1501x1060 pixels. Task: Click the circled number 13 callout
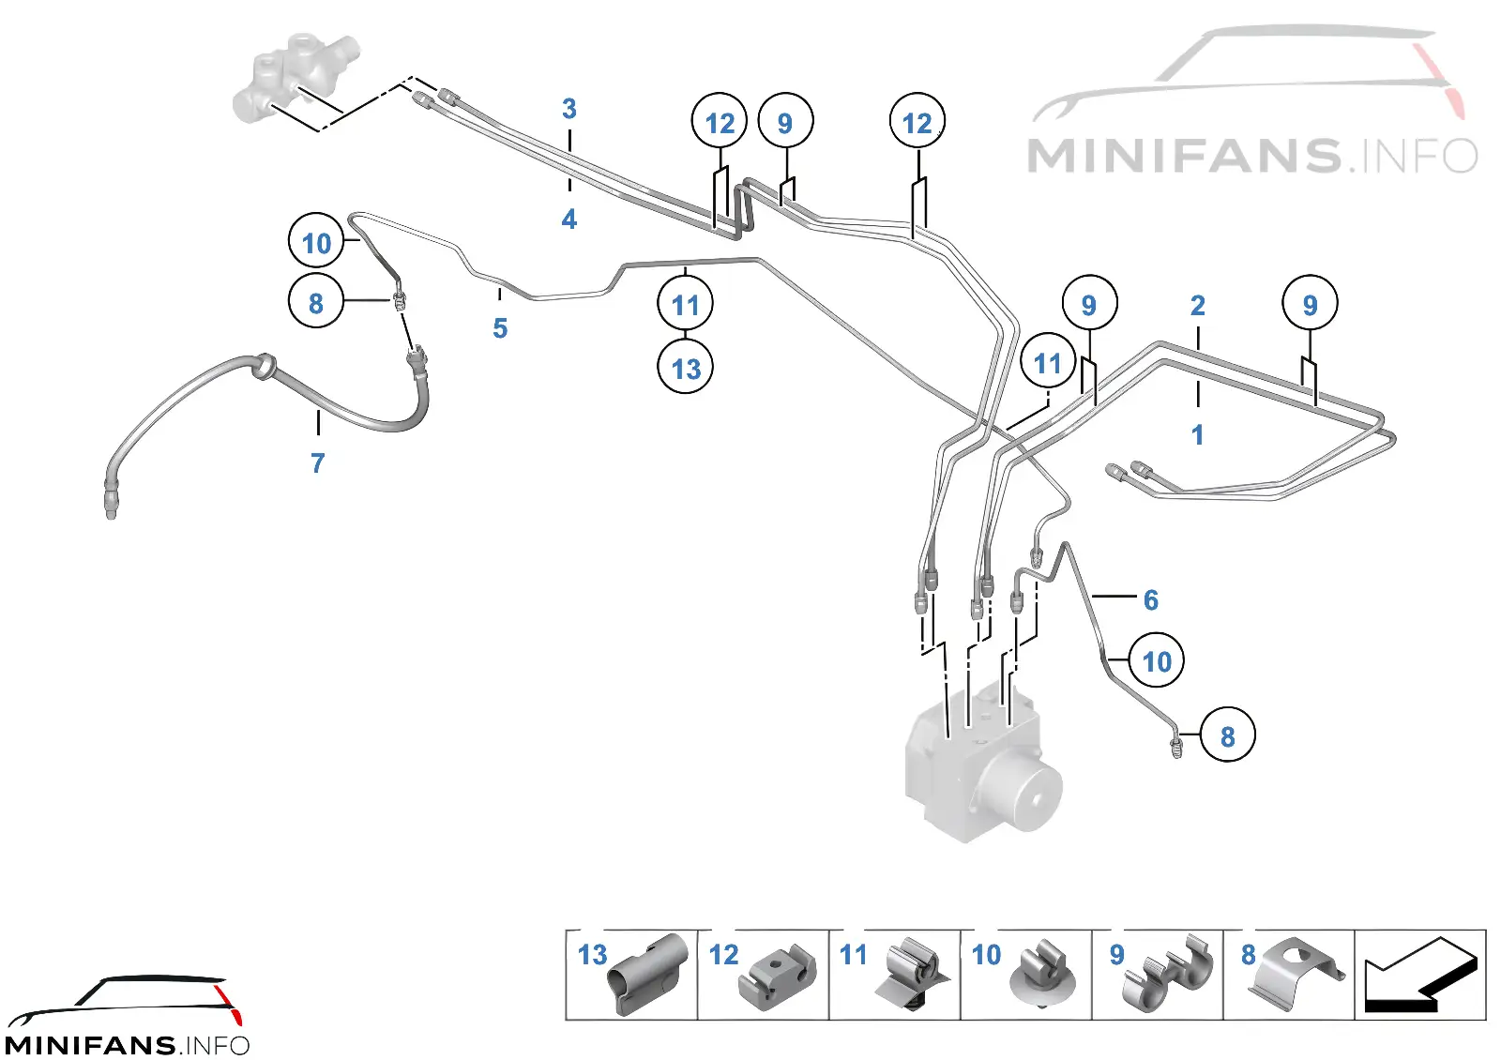click(685, 367)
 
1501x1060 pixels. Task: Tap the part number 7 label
click(318, 463)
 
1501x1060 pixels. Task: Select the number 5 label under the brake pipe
click(500, 328)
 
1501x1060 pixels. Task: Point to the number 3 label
click(569, 109)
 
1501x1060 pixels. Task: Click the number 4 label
click(569, 220)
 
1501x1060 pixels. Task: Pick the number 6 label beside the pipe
click(1150, 600)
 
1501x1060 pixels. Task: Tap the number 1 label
click(1197, 435)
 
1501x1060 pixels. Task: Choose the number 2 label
click(1197, 306)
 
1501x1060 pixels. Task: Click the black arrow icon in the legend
click(1420, 976)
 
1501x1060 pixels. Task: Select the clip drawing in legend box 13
click(646, 975)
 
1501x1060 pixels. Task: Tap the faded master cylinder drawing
click(295, 81)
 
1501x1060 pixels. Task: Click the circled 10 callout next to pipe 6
click(1156, 660)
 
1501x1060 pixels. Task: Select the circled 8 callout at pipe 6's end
click(1227, 735)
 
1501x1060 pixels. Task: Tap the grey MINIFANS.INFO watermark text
click(1251, 155)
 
